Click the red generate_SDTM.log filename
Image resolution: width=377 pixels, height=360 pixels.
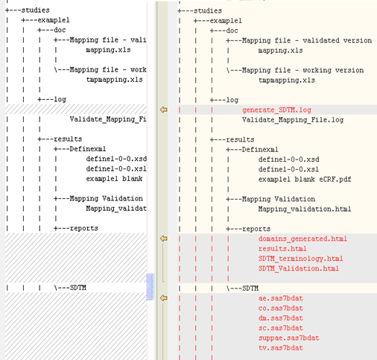276,110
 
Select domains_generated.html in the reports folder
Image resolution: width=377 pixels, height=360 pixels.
302,239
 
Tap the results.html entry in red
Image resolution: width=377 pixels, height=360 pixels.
282,249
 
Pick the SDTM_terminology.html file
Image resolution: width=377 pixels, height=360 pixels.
300,259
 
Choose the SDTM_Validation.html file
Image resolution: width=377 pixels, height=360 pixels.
299,268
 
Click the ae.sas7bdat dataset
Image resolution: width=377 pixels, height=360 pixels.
281,298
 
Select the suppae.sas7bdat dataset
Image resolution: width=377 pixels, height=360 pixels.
288,338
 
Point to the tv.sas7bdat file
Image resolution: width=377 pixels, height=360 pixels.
281,348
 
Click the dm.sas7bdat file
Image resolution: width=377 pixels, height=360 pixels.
281,318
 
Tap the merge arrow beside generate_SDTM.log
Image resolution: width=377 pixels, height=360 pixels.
163,110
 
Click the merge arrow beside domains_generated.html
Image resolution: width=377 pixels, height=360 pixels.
163,239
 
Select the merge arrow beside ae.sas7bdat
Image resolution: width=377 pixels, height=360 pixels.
163,298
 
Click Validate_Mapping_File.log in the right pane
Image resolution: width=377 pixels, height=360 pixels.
293,120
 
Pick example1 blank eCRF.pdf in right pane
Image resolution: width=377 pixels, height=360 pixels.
305,179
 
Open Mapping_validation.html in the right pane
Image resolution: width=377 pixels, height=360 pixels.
305,209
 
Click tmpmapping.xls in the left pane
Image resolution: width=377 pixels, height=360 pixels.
114,80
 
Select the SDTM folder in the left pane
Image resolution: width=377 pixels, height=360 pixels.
78,288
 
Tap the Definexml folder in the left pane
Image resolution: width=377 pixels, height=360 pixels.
88,149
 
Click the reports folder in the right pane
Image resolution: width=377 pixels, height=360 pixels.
256,229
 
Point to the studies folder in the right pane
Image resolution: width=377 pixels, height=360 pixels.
208,10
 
